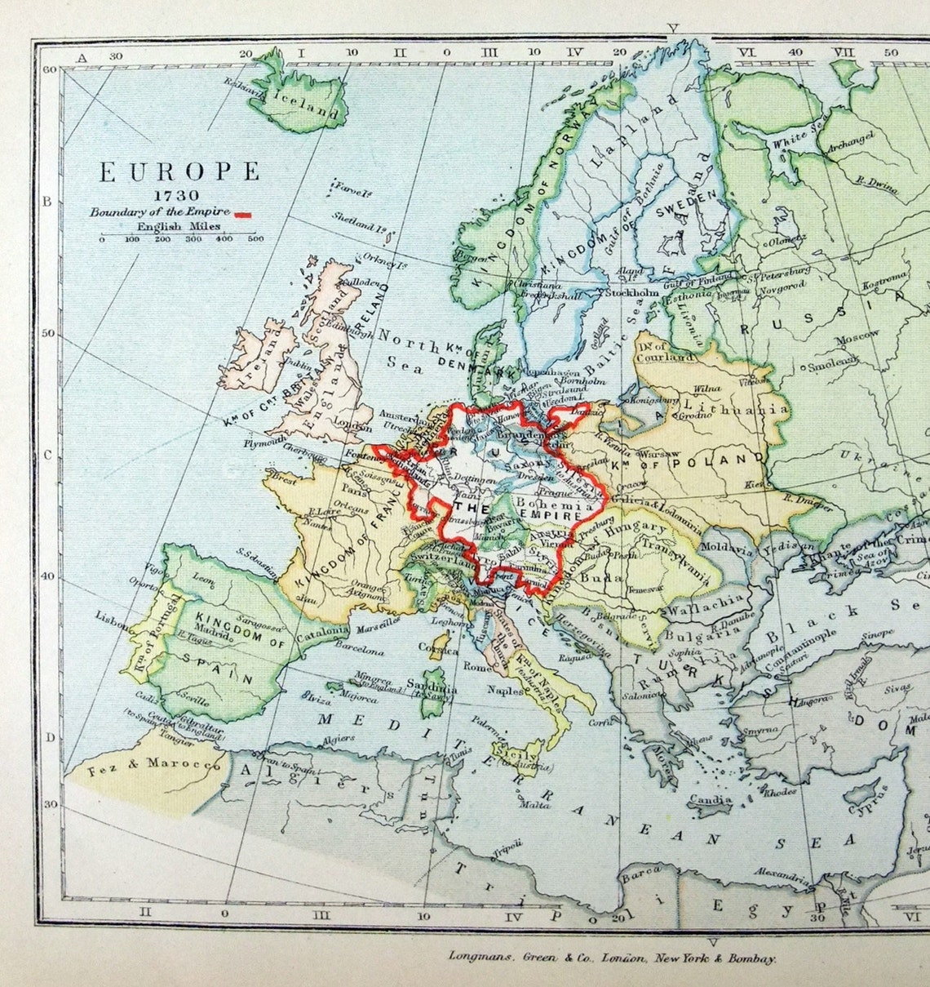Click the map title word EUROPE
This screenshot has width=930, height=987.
tap(179, 172)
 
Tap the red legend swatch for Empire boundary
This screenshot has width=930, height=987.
tap(243, 214)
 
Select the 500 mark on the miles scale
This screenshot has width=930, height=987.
tap(255, 239)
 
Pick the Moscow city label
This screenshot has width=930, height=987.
tap(856, 336)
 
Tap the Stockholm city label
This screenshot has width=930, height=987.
tap(631, 292)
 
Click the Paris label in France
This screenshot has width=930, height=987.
tap(352, 491)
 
